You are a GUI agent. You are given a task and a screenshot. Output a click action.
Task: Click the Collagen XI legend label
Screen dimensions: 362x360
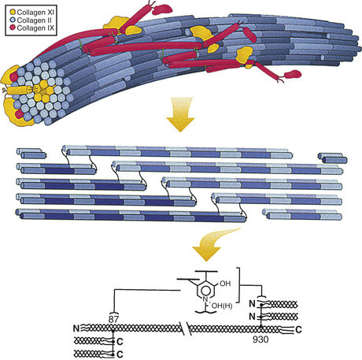tap(35, 12)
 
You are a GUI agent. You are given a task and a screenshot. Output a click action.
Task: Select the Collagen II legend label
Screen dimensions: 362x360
tap(34, 20)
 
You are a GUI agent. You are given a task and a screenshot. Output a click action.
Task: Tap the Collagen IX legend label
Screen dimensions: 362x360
tap(35, 28)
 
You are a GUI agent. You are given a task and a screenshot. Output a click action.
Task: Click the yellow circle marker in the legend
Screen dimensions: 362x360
tap(13, 12)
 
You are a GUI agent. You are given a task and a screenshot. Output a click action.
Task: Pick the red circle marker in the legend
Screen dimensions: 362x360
tap(13, 28)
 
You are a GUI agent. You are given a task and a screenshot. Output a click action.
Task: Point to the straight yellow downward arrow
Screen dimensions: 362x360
tap(180, 114)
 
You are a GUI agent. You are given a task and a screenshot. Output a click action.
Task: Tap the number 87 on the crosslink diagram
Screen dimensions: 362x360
tap(113, 319)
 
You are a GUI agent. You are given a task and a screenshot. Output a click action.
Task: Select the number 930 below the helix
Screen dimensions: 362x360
tap(260, 340)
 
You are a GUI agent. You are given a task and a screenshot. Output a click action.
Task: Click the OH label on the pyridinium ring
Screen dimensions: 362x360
tap(225, 284)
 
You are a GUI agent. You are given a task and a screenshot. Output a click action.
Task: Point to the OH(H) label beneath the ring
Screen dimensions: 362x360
tap(222, 306)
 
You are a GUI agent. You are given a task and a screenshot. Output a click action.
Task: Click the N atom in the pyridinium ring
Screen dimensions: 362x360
tap(205, 299)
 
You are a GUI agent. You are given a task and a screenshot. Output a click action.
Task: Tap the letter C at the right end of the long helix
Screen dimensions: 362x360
tap(298, 329)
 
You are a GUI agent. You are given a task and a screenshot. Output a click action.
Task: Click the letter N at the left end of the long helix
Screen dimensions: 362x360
tap(76, 328)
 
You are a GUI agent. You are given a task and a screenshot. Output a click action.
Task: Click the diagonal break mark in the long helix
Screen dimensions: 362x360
tap(187, 328)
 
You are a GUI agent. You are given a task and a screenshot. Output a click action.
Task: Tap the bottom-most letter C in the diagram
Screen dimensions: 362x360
tap(120, 354)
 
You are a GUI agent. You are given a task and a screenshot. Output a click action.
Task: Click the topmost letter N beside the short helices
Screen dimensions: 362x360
tap(252, 304)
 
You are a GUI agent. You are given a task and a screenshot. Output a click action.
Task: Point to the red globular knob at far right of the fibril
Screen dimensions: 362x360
tap(293, 74)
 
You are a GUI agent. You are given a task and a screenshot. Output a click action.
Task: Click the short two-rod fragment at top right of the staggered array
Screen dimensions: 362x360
tap(332, 158)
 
